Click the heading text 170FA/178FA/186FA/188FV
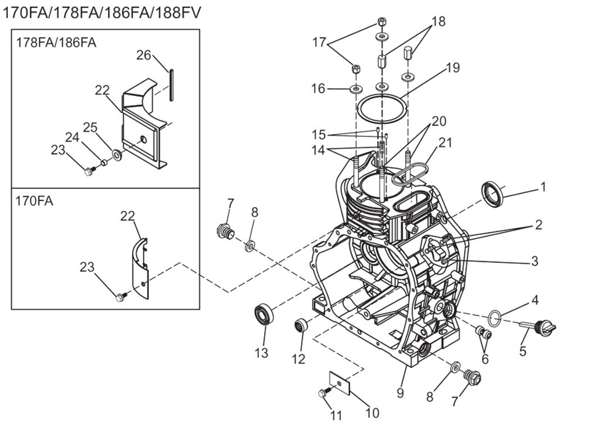[x=101, y=12]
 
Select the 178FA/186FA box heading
[x=56, y=42]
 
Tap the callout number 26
[x=144, y=55]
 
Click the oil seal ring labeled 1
[x=494, y=193]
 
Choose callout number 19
[x=452, y=67]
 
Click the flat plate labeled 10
[x=339, y=383]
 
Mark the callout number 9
[x=400, y=392]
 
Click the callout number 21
[x=445, y=142]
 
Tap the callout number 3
[x=534, y=261]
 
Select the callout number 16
[x=318, y=88]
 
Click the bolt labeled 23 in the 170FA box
[x=120, y=297]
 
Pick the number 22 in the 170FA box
[x=128, y=216]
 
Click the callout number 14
[x=319, y=150]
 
